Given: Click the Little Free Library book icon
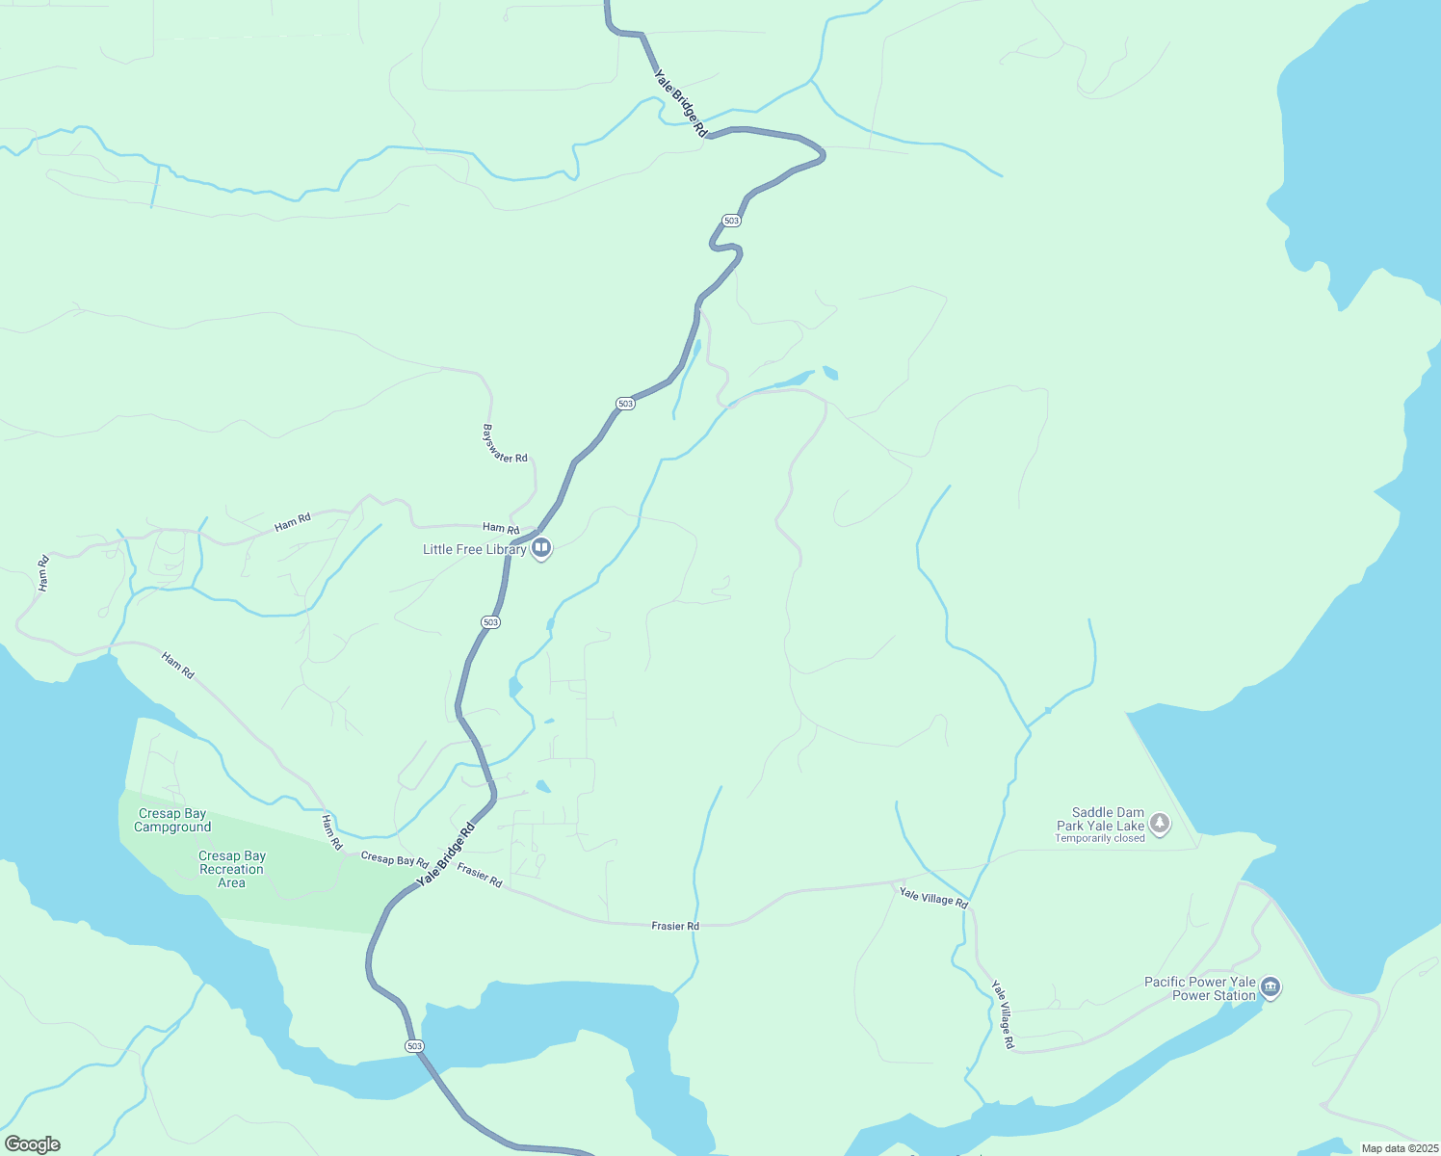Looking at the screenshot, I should pyautogui.click(x=541, y=548).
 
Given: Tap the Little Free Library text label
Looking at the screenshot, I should pyautogui.click(x=474, y=549).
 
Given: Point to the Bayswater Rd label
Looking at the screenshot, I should pyautogui.click(x=505, y=444).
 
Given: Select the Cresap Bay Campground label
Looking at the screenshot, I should pyautogui.click(x=172, y=820).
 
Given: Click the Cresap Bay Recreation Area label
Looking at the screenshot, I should pyautogui.click(x=231, y=869).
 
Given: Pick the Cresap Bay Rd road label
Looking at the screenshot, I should pyautogui.click(x=394, y=858).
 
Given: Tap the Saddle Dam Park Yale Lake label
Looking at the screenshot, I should pyautogui.click(x=1100, y=819).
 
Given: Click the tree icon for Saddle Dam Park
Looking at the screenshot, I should pyautogui.click(x=1161, y=823).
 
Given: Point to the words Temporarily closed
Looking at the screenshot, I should pyautogui.click(x=1099, y=838).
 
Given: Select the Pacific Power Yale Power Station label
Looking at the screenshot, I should pyautogui.click(x=1200, y=988).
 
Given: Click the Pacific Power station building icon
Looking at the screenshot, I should pyautogui.click(x=1271, y=986).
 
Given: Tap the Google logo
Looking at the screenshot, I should pyautogui.click(x=32, y=1144).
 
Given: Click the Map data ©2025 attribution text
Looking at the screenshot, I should pyautogui.click(x=1399, y=1148).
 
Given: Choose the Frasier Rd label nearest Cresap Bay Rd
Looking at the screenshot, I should pyautogui.click(x=480, y=876).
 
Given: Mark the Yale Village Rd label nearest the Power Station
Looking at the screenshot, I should pyautogui.click(x=1003, y=1014).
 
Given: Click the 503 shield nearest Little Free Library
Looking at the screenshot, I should pyautogui.click(x=490, y=622).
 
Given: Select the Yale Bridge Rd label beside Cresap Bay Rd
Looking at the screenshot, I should pyautogui.click(x=446, y=854).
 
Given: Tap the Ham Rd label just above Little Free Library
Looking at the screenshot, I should pyautogui.click(x=501, y=528).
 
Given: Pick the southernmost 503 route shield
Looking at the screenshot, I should pyautogui.click(x=414, y=1045).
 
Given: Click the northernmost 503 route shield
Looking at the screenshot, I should pyautogui.click(x=731, y=221).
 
